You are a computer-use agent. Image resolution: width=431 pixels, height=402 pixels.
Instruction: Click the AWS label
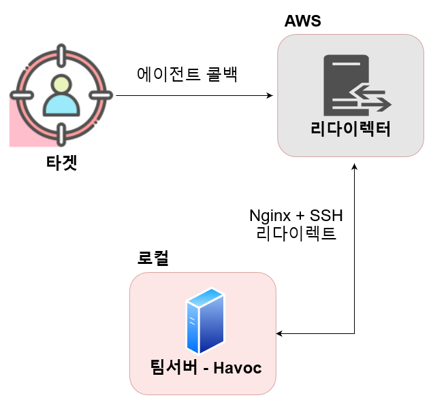(302, 21)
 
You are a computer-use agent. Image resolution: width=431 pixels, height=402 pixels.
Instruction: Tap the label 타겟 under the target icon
(61, 163)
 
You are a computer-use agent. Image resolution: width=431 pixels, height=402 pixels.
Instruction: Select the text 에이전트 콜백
(187, 74)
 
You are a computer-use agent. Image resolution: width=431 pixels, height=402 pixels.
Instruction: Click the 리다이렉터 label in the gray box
(351, 129)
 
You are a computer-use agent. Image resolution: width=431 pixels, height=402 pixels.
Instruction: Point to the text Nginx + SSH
(296, 216)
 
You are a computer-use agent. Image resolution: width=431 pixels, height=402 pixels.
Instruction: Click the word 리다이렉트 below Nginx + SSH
(296, 233)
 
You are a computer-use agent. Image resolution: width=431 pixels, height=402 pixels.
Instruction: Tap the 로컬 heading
(153, 258)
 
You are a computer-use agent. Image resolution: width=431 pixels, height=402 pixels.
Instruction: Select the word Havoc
(238, 368)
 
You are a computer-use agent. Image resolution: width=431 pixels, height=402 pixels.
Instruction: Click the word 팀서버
(174, 367)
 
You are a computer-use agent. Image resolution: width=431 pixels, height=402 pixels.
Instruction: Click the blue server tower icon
(206, 321)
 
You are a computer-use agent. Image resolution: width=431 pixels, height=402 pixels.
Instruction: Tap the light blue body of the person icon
(61, 105)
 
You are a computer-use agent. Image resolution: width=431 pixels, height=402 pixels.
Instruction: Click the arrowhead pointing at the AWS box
(270, 95)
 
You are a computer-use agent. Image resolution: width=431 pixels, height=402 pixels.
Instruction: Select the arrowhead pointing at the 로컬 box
(279, 333)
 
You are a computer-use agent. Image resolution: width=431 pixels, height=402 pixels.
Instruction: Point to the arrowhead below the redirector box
(355, 167)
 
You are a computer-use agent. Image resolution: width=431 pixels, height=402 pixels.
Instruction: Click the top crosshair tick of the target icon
(61, 56)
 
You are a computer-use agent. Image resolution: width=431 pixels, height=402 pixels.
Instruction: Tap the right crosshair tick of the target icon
(101, 95)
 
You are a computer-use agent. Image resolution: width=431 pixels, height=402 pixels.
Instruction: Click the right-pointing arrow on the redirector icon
(377, 105)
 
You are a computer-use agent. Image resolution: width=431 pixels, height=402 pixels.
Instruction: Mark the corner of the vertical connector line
(355, 333)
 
